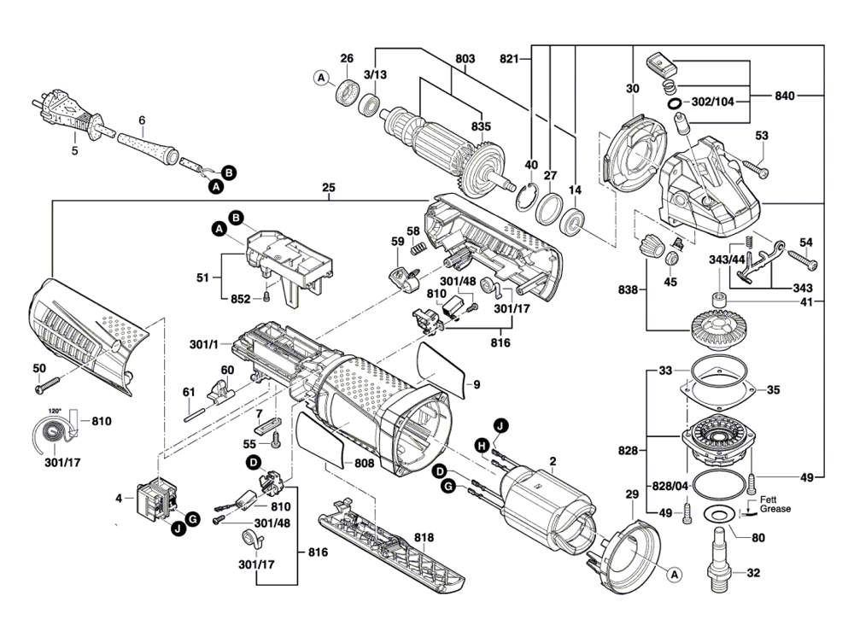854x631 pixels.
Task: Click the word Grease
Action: point(775,509)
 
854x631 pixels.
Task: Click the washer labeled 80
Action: point(717,514)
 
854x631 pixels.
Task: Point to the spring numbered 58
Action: point(419,248)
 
